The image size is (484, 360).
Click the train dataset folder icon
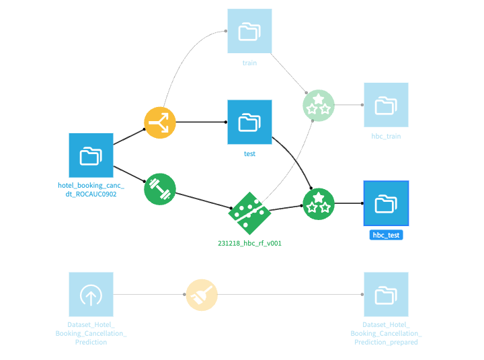(249, 31)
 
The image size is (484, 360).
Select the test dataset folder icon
(249, 122)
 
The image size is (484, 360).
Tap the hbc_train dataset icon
(386, 105)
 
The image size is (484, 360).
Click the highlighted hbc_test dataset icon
(386, 203)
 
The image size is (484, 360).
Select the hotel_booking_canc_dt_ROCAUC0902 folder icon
(91, 155)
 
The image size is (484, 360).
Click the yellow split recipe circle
(160, 122)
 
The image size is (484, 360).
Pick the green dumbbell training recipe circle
(160, 189)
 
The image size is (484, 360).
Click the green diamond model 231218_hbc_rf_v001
(249, 213)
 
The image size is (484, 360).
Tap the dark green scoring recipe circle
(319, 203)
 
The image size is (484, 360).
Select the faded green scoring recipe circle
(319, 106)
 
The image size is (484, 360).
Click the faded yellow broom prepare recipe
(202, 294)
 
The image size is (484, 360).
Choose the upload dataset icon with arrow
(91, 294)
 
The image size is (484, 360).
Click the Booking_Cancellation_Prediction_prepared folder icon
(386, 294)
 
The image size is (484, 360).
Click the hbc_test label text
(386, 235)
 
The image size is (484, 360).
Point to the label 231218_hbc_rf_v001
(249, 244)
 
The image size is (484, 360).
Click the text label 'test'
(249, 154)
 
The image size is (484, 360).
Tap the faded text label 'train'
(249, 63)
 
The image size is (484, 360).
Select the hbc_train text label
(386, 136)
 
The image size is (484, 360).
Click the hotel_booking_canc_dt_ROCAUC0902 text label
(91, 189)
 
